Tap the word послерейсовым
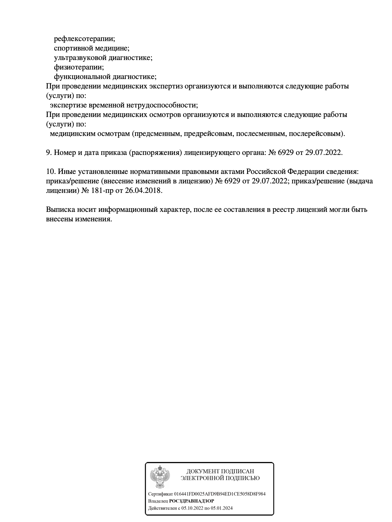315,134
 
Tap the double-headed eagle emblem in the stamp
160,476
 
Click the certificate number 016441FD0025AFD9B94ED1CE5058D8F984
219,494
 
